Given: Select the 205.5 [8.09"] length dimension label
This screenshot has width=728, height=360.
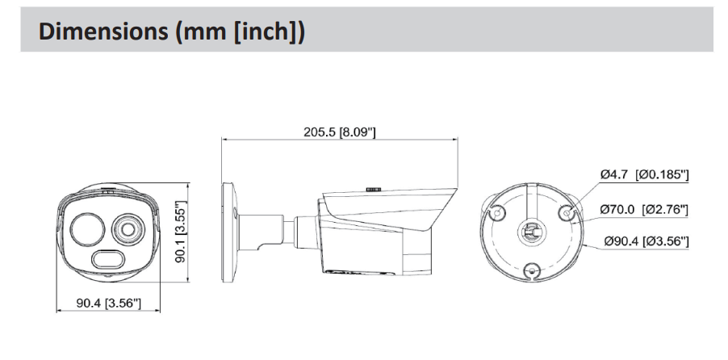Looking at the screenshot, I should tap(339, 132).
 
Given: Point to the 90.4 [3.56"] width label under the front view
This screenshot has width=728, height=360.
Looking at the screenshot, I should tap(107, 303).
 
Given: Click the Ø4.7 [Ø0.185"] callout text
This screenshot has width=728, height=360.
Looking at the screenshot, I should tap(644, 174).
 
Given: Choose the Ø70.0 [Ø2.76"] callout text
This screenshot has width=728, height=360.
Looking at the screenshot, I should tap(643, 210).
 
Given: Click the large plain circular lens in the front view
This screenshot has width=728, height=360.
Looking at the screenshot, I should tap(86, 228).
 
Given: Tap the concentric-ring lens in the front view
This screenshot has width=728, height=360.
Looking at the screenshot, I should tap(128, 228).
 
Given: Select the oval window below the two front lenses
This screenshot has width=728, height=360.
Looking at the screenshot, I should tap(107, 260).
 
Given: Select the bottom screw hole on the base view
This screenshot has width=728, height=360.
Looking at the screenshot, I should tap(533, 271).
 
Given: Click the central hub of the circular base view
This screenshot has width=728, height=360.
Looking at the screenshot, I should tap(533, 232).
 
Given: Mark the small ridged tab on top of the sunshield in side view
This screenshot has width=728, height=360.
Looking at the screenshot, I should tap(374, 188).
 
